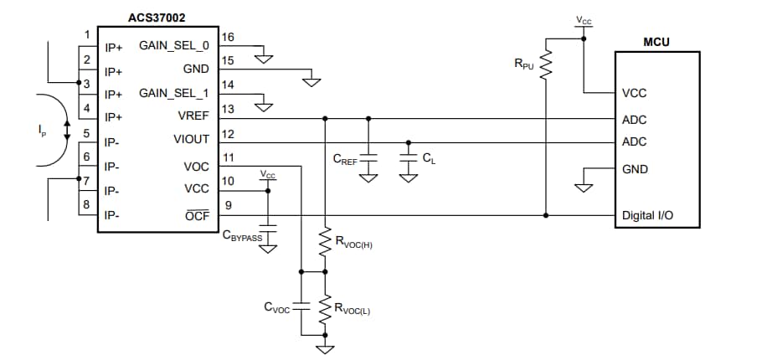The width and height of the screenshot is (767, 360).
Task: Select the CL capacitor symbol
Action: coord(408,157)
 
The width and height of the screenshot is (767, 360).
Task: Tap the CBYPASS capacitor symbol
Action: coord(268,227)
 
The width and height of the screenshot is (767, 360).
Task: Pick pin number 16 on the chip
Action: coord(228,38)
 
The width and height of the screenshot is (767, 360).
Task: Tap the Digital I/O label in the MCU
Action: coord(647,215)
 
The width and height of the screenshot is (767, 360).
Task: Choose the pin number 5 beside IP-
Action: coord(86,131)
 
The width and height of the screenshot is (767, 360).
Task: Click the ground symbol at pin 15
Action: coord(312,81)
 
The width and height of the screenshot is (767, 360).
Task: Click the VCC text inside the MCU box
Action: coord(634,94)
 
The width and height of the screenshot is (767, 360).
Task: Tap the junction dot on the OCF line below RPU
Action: coord(546,215)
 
